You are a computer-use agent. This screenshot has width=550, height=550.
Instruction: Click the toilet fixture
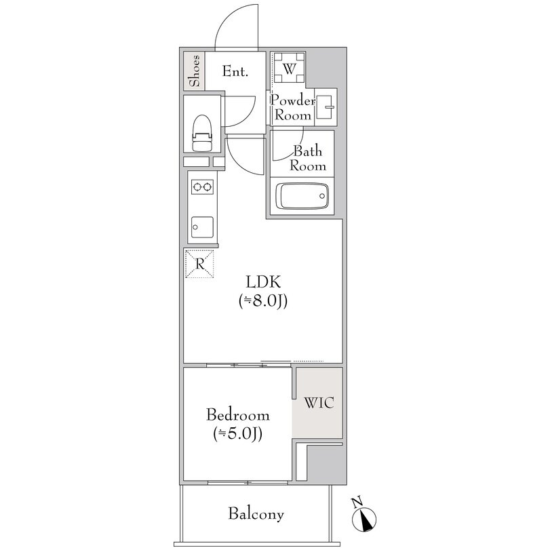pyautogui.click(x=202, y=133)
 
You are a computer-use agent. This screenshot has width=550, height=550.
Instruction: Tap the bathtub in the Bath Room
pyautogui.click(x=302, y=196)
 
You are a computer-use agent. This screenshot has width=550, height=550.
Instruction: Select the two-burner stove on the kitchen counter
pyautogui.click(x=202, y=187)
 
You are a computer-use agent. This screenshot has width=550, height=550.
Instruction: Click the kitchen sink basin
pyautogui.click(x=202, y=227)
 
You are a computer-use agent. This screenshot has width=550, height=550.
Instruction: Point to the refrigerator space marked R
pyautogui.click(x=199, y=264)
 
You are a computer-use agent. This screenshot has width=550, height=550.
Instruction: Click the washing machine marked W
pyautogui.click(x=289, y=68)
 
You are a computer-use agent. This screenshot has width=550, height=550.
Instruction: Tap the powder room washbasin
pyautogui.click(x=326, y=106)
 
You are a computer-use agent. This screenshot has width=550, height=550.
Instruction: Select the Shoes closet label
pyautogui.click(x=195, y=71)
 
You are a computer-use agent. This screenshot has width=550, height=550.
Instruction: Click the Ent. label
pyautogui.click(x=235, y=72)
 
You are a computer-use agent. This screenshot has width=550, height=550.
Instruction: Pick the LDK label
pyautogui.click(x=263, y=281)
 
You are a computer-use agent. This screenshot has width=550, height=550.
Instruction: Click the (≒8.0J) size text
pyautogui.click(x=263, y=301)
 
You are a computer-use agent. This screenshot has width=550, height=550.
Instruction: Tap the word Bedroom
pyautogui.click(x=238, y=415)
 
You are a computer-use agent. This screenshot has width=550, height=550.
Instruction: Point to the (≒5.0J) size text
pyautogui.click(x=238, y=434)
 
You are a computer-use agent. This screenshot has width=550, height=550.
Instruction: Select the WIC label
pyautogui.click(x=319, y=403)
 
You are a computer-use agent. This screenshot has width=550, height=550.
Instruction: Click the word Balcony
pyautogui.click(x=256, y=514)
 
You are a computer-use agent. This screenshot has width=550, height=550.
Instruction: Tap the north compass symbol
pyautogui.click(x=365, y=519)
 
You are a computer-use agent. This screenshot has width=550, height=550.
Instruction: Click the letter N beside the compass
pyautogui.click(x=357, y=503)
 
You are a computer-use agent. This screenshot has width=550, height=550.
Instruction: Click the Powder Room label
pyautogui.click(x=293, y=108)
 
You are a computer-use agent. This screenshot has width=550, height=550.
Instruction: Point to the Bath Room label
pyautogui.click(x=308, y=158)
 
